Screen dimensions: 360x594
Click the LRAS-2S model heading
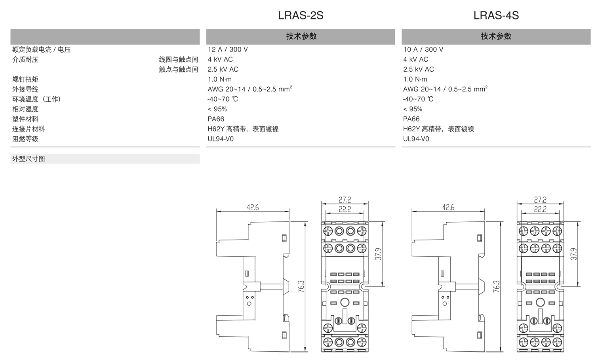pos(301,15)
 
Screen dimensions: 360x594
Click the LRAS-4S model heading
pos(496,15)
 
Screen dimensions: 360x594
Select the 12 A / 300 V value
pos(228,50)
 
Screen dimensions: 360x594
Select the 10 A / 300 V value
pos(423,50)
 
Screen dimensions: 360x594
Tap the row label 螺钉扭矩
pos(25,79)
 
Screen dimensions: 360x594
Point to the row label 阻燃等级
pos(25,139)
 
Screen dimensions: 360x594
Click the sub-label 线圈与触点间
pos(178,59)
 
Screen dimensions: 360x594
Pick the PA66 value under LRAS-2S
pos(216,119)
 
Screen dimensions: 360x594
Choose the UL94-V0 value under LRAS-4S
pos(416,139)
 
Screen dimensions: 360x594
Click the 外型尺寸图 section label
pos(29,159)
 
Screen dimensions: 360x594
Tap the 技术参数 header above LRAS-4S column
pos(496,36)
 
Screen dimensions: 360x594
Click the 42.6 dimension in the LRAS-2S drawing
pos(253,207)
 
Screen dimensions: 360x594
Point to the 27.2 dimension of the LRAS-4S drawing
pos(540,200)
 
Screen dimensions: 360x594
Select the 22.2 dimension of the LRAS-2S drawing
pos(345,209)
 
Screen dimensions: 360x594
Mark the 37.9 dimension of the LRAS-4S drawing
pos(574,254)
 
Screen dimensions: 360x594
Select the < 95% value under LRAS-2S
pos(217,109)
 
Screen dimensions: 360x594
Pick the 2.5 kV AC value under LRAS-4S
pos(418,69)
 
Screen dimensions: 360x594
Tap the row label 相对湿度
pos(25,109)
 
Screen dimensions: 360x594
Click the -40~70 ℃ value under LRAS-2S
pos(223,99)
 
